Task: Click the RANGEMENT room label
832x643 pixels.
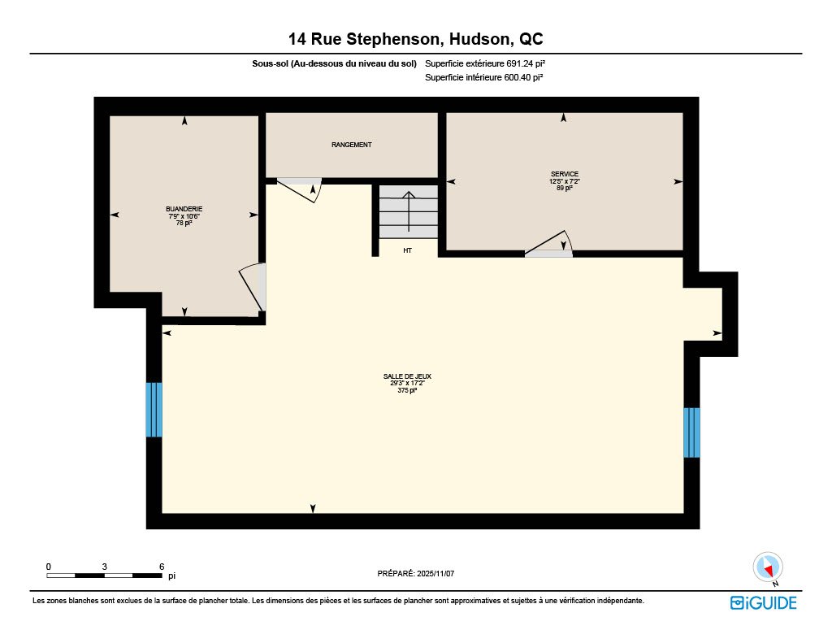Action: (x=351, y=145)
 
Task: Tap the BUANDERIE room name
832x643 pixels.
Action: (x=184, y=209)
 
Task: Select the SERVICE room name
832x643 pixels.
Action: (x=565, y=174)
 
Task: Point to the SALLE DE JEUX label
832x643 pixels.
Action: (x=407, y=376)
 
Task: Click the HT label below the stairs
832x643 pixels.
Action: (x=408, y=250)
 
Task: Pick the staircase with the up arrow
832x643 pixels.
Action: (x=409, y=212)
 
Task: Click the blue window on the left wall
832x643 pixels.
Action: (x=154, y=410)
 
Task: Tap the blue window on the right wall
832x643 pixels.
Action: (x=691, y=432)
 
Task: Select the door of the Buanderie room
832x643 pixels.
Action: (x=253, y=287)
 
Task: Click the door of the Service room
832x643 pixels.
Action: (x=549, y=245)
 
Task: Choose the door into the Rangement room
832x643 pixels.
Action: (x=300, y=189)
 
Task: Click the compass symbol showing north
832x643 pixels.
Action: (x=768, y=567)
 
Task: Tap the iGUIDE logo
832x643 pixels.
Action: (x=764, y=602)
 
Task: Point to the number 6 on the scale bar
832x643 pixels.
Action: (x=162, y=567)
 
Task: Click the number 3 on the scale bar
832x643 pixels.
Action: (x=105, y=567)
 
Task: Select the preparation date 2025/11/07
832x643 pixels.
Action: (x=435, y=573)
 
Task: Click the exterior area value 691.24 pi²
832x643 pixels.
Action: (x=526, y=63)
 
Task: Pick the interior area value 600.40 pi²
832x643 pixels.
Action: (x=524, y=77)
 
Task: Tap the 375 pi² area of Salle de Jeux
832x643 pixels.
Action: (x=407, y=390)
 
